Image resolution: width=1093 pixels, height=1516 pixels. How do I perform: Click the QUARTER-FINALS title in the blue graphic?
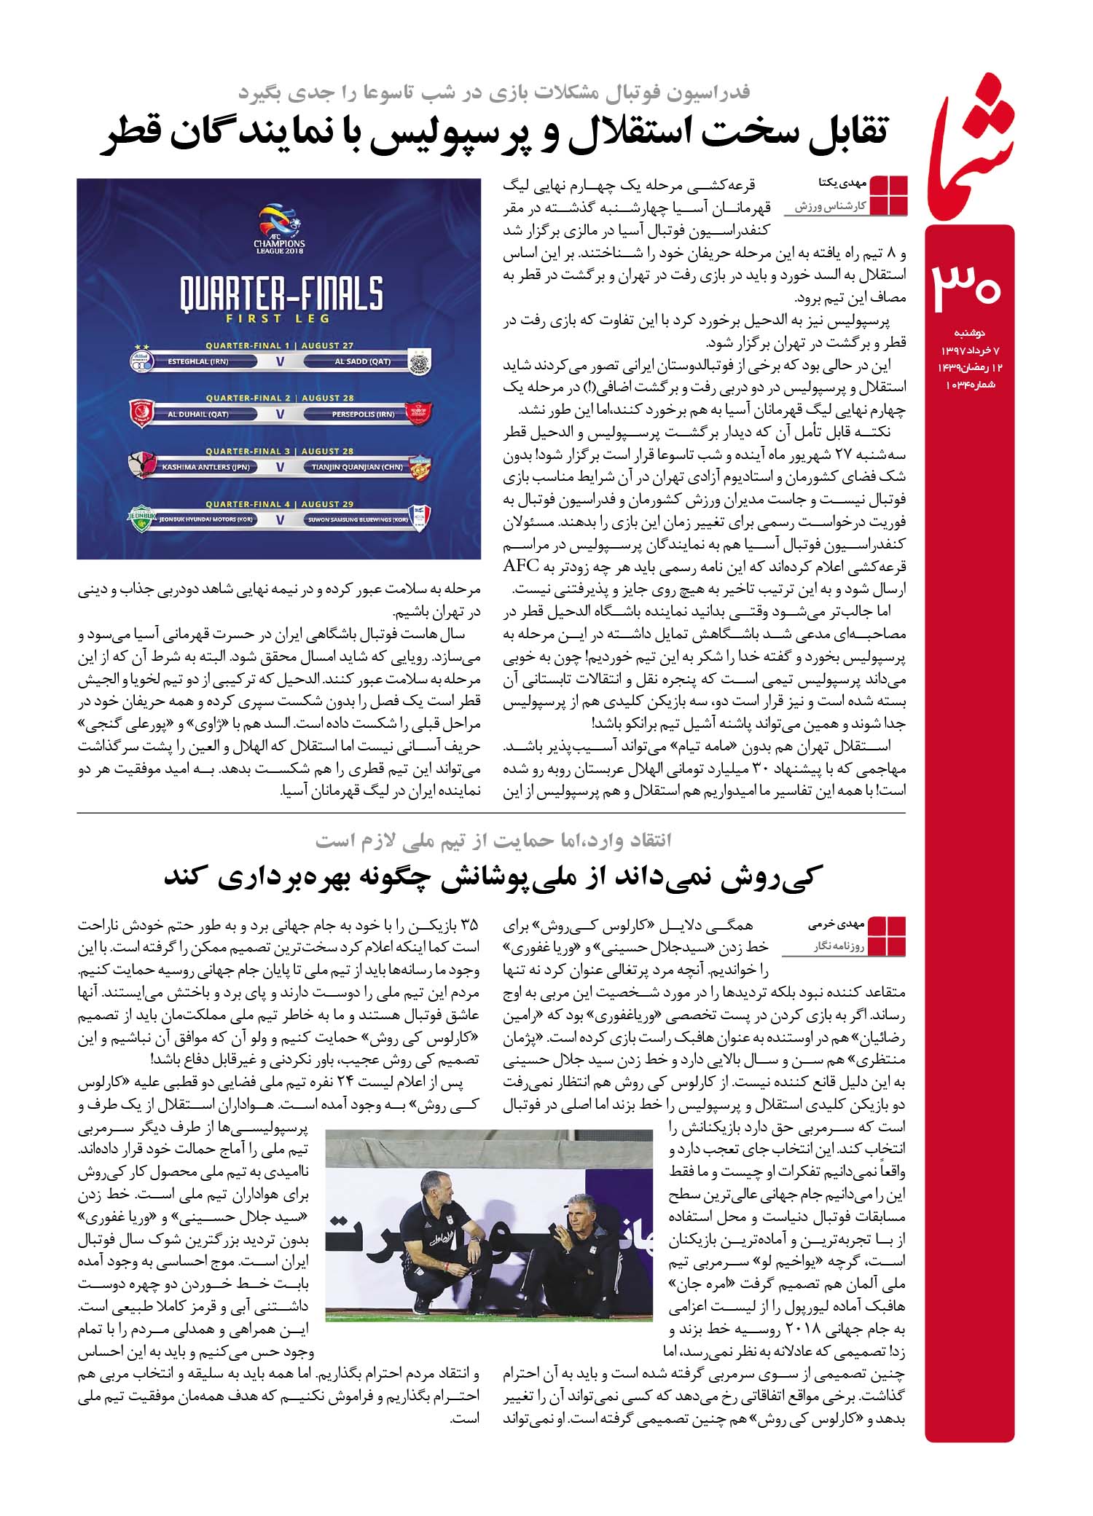point(281,294)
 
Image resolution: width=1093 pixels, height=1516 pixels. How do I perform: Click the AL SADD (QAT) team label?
point(362,361)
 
